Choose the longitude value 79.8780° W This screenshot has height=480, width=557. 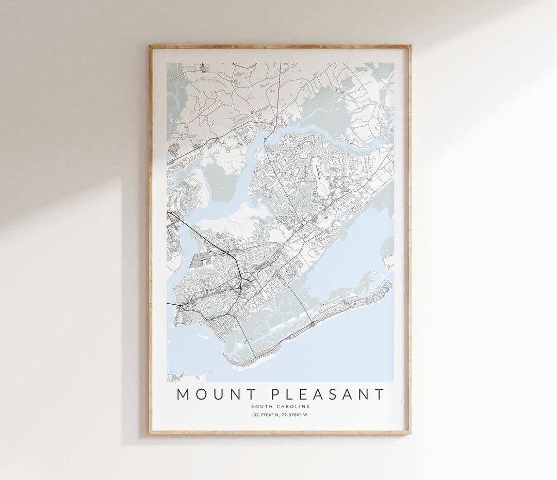pos(296,415)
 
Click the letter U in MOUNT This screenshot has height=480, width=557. pos(217,394)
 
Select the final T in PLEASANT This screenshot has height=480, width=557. pos(380,394)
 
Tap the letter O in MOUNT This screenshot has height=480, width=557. pos(200,394)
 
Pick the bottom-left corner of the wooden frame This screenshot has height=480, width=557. pos(150,434)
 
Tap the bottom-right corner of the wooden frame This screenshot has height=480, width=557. pos(411,434)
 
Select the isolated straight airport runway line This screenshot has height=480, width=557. pos(320,175)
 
